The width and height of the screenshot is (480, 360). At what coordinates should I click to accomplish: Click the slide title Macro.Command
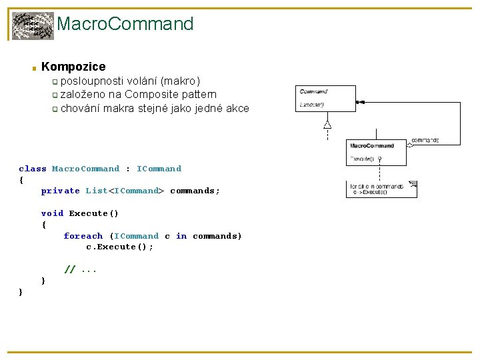[125, 25]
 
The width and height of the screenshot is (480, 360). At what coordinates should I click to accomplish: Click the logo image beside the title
[33, 26]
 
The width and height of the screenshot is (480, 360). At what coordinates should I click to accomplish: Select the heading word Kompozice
[73, 67]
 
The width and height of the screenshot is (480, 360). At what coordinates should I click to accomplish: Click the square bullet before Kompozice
[33, 68]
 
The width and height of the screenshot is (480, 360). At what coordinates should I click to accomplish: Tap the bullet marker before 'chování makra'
[56, 109]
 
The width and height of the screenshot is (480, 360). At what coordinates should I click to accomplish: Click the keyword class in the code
[33, 169]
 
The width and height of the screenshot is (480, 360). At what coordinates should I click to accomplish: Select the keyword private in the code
[61, 191]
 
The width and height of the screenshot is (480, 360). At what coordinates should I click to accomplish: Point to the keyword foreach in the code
[83, 236]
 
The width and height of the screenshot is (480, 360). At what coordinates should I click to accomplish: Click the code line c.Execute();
[120, 247]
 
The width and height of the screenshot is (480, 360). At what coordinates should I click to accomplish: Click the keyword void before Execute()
[52, 213]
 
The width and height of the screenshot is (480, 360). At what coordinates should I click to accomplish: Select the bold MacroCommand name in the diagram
[372, 145]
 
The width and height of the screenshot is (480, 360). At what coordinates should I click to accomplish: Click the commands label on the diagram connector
[425, 140]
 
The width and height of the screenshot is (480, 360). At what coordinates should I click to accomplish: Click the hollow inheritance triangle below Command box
[327, 124]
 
